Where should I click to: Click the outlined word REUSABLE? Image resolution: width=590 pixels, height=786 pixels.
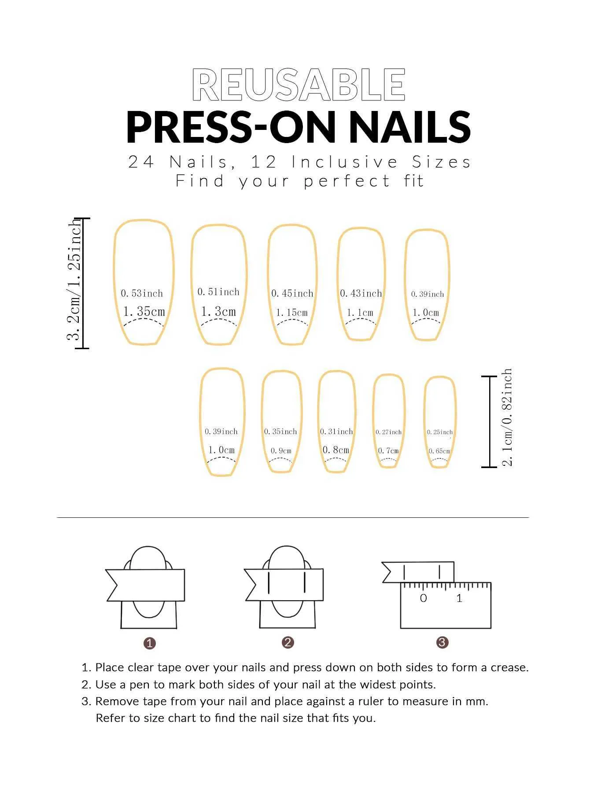click(x=299, y=85)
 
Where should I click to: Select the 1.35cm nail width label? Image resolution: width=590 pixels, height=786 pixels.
click(x=144, y=311)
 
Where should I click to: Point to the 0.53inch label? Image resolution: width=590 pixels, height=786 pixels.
click(x=142, y=293)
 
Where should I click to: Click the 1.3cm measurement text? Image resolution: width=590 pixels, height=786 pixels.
click(x=218, y=311)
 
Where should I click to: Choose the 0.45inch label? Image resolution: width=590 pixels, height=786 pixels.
click(x=292, y=293)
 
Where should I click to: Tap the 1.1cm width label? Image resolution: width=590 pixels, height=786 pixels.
click(x=360, y=313)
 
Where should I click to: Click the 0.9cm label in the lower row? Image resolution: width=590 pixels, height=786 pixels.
click(x=281, y=450)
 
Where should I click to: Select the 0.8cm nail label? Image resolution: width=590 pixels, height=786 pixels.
click(x=336, y=450)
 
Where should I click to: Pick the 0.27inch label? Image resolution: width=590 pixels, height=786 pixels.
click(x=389, y=432)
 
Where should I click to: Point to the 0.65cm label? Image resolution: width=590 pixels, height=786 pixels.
click(x=440, y=451)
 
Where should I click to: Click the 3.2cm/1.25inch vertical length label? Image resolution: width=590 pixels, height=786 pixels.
click(x=74, y=280)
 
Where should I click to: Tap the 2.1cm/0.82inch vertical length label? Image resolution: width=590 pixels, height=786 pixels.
click(x=507, y=417)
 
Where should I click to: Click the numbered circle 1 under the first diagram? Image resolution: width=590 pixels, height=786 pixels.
click(x=150, y=643)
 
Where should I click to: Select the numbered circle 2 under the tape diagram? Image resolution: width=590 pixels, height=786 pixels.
click(x=288, y=642)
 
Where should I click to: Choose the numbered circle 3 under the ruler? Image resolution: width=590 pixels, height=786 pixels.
click(x=442, y=642)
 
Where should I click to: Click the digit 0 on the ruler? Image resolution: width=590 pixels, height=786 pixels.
click(x=424, y=598)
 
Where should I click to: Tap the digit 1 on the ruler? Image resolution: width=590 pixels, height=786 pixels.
click(x=459, y=598)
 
